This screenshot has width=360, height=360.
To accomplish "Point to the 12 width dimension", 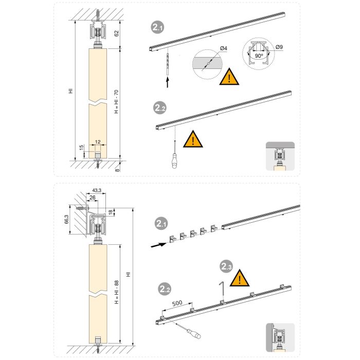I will click(97, 141).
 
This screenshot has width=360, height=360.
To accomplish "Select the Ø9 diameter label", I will click(279, 47).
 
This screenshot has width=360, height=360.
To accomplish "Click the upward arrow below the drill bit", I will click(168, 80).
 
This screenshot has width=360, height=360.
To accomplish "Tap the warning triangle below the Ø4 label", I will click(229, 77).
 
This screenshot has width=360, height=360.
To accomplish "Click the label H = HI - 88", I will click(116, 294).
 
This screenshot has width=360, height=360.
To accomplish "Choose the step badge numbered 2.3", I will click(226, 266).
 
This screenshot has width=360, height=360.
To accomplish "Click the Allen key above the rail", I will click(220, 289).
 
